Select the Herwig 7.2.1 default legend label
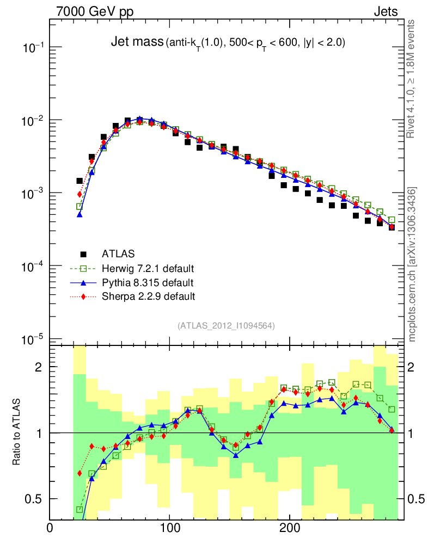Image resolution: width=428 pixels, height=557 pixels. click(x=148, y=268)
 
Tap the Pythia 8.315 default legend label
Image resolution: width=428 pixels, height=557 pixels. click(x=148, y=282)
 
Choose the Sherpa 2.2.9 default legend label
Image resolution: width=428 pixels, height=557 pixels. click(x=148, y=296)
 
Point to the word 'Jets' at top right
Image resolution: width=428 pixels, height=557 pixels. click(x=385, y=11)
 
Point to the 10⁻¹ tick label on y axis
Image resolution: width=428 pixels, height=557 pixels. click(x=33, y=48)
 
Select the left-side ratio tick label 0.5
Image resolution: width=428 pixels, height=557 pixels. click(x=34, y=499)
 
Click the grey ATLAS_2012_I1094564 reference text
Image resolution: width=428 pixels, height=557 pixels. click(x=226, y=325)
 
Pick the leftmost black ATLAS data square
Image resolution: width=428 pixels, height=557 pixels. click(x=80, y=181)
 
